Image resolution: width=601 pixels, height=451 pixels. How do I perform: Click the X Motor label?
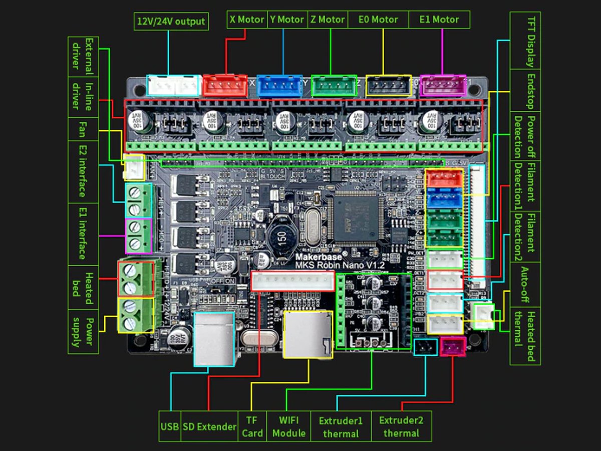[x=246, y=20]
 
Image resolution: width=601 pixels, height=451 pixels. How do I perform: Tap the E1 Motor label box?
[x=439, y=20]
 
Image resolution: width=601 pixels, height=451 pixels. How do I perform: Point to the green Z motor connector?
[x=334, y=86]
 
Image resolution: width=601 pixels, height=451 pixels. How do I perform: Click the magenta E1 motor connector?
[x=443, y=85]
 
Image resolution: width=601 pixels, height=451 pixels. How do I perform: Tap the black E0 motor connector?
[x=389, y=86]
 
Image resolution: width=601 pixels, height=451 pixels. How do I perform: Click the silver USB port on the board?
[x=214, y=339]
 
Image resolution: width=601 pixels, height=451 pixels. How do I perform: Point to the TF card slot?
[x=308, y=334]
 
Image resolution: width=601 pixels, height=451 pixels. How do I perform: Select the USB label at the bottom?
[x=170, y=426]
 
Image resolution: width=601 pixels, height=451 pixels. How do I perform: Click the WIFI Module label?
[x=288, y=426]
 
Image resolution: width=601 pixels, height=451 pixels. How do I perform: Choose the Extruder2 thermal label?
[x=401, y=426]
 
